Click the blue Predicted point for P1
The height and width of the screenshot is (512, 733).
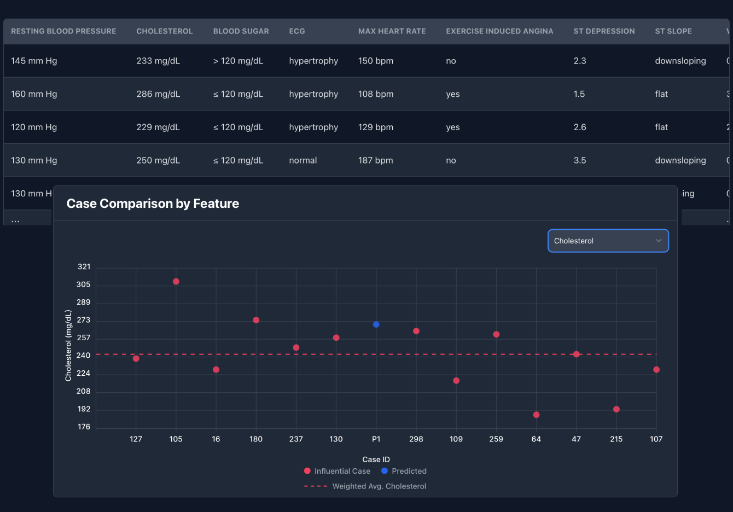click(376, 324)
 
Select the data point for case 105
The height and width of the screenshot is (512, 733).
click(176, 282)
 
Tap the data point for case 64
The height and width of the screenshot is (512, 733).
click(536, 415)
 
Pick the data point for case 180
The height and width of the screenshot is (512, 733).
click(256, 320)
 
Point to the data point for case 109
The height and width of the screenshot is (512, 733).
click(456, 381)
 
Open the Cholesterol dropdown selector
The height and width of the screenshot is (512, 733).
click(608, 241)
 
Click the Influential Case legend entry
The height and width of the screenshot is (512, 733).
click(337, 471)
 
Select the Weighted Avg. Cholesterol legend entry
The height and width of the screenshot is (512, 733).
click(365, 486)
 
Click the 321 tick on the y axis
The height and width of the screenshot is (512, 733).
click(84, 267)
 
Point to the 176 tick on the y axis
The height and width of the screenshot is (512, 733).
click(84, 427)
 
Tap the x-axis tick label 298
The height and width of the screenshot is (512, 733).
click(416, 439)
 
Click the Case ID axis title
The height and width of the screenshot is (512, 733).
click(376, 459)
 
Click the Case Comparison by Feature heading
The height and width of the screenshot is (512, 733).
click(153, 203)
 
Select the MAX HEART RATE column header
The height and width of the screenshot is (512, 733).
click(392, 31)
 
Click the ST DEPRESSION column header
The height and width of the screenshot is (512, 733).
click(604, 31)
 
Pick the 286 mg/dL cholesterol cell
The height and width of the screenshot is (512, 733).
click(158, 94)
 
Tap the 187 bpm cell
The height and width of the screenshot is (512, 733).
click(375, 160)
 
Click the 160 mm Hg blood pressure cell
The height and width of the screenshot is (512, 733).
click(34, 94)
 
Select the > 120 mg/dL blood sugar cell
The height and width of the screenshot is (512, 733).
click(238, 61)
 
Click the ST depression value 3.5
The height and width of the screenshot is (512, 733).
click(579, 160)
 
